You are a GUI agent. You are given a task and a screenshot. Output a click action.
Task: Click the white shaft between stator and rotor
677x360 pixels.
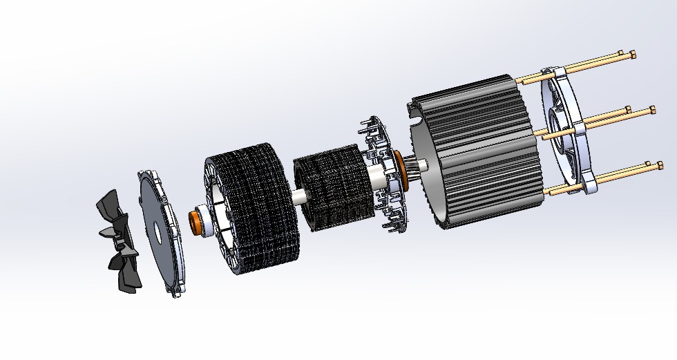(299, 197)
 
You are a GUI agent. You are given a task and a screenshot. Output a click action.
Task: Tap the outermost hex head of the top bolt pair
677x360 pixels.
(633, 55)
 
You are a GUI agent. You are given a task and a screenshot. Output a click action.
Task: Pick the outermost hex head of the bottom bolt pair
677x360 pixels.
(660, 165)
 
